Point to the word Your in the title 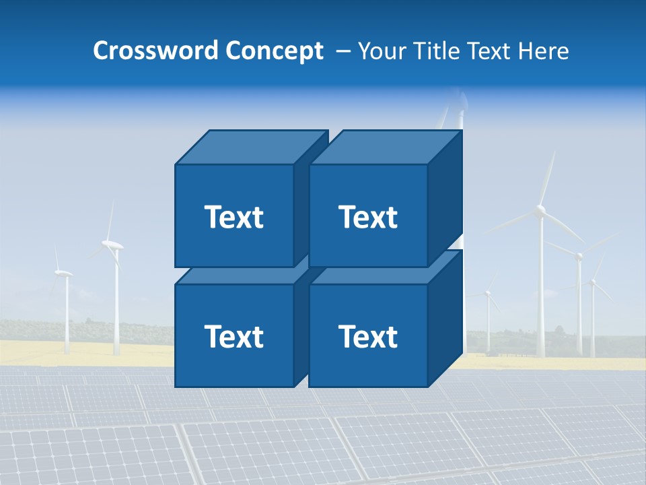(382, 51)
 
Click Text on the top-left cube (234, 217)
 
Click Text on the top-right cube (367, 217)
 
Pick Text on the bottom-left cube (234, 336)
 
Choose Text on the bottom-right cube (367, 336)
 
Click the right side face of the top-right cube (445, 199)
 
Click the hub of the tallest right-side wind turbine (540, 212)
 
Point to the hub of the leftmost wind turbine (64, 273)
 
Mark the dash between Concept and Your (342, 51)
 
